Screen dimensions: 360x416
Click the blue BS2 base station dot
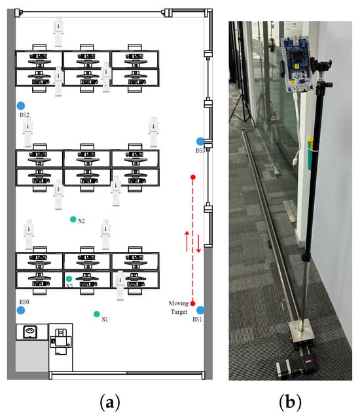click(21, 105)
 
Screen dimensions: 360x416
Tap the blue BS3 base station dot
click(200, 142)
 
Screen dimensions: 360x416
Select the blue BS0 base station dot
click(21, 310)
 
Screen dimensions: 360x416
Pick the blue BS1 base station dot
click(200, 310)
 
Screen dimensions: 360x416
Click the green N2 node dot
click(73, 219)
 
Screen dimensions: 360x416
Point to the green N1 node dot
click(96, 314)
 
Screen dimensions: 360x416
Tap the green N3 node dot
click(69, 279)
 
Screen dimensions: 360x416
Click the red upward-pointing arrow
click(187, 241)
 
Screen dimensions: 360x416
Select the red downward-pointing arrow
click(198, 243)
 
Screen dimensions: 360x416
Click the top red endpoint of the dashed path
click(193, 177)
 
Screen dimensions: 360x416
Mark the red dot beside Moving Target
click(192, 303)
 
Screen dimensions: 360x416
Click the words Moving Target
click(179, 307)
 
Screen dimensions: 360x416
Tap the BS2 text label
click(24, 115)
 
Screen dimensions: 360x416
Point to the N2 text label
click(81, 221)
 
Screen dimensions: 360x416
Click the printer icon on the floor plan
click(61, 341)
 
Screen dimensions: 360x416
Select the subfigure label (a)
click(109, 402)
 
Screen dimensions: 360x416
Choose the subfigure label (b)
click(290, 402)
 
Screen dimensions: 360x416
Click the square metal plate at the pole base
click(300, 331)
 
